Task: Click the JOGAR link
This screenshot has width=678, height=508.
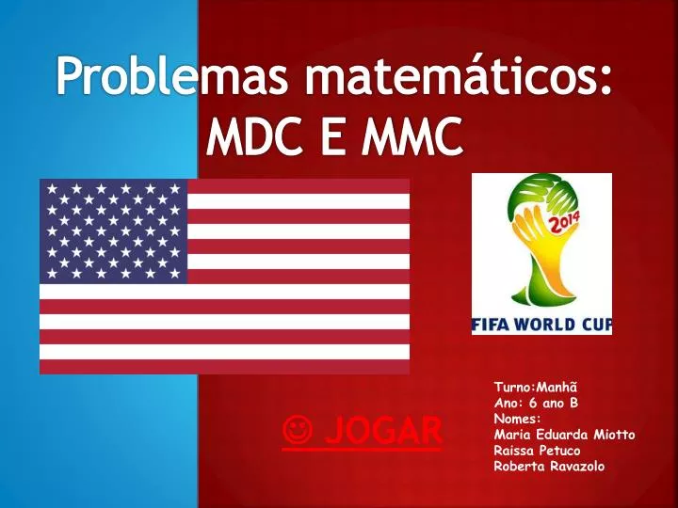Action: coord(382,432)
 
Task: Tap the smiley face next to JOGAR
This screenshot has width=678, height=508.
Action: coord(297,432)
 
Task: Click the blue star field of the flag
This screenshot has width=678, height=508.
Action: coord(113,231)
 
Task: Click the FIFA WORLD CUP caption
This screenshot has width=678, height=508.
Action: coord(541,325)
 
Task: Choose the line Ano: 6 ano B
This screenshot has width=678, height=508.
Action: coord(536,402)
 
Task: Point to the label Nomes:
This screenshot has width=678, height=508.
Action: coord(517,418)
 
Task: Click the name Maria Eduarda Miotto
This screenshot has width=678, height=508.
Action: coord(564,434)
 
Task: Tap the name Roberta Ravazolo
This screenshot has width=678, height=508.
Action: coord(549,466)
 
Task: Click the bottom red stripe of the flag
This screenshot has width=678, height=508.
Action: coord(224,367)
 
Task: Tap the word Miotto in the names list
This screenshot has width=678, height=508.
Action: coord(614,434)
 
